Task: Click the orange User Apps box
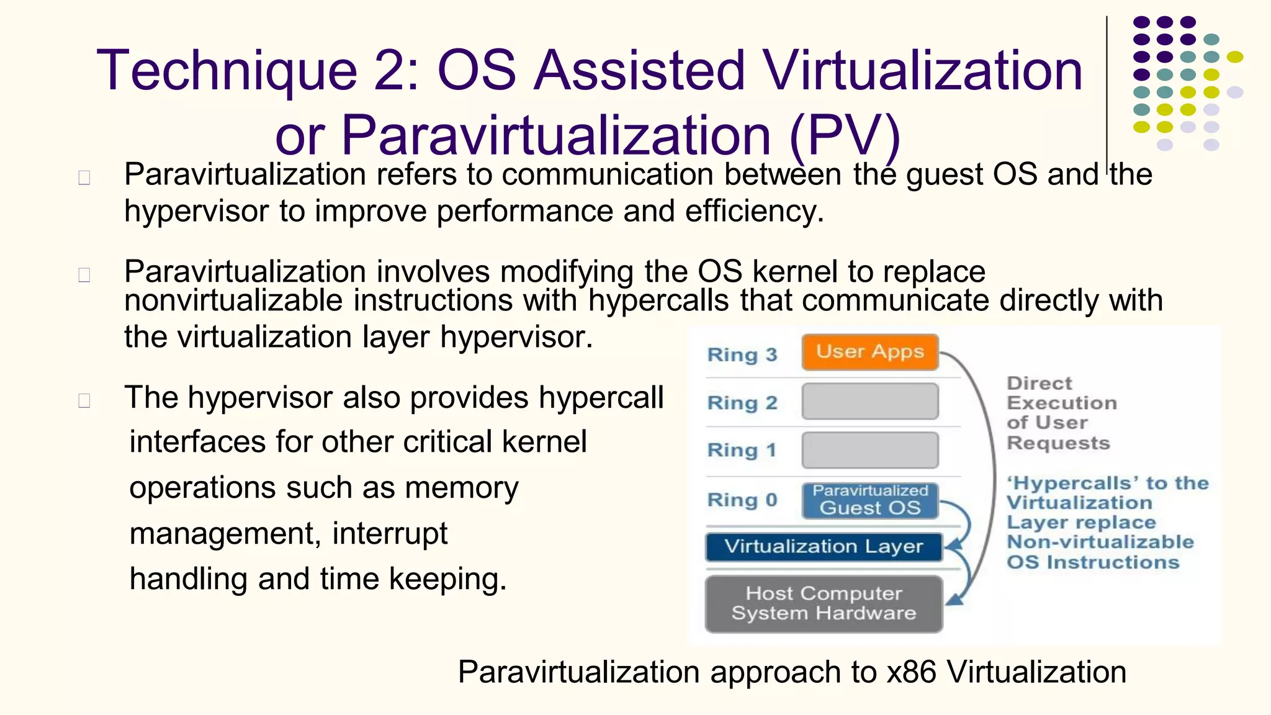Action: tap(869, 352)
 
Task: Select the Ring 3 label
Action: tap(742, 355)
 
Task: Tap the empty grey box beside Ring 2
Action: tap(869, 402)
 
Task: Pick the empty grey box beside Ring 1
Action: tap(869, 450)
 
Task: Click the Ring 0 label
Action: tap(742, 500)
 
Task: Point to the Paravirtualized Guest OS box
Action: tap(869, 500)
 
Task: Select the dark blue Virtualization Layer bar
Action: tap(824, 547)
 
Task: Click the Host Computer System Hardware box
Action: tap(824, 604)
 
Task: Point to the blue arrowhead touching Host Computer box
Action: tap(956, 600)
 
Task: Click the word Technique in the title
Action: tap(227, 71)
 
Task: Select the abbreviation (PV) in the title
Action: tap(845, 135)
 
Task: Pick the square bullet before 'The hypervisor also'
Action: tap(84, 400)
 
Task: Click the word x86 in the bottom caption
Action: tap(911, 672)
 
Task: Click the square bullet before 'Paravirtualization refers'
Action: tap(84, 178)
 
